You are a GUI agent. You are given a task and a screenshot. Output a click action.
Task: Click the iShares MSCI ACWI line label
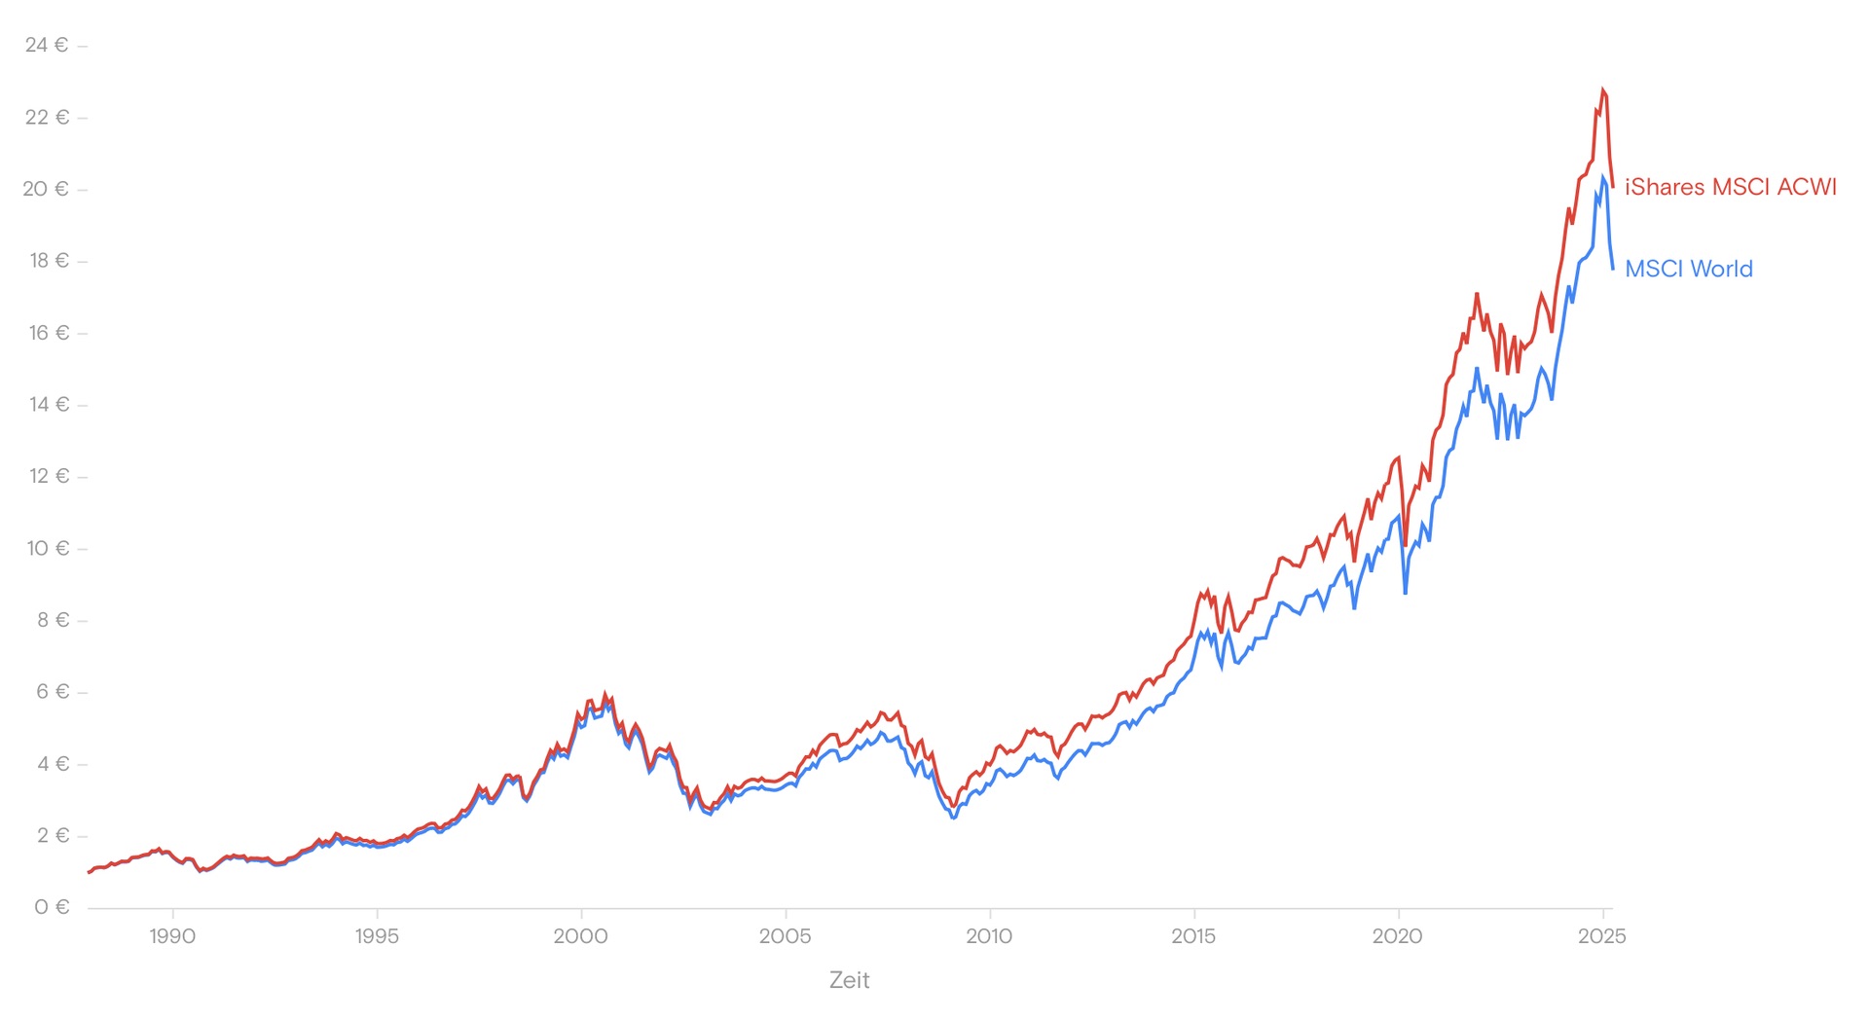(x=1730, y=187)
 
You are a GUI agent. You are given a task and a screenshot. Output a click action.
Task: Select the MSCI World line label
(x=1688, y=269)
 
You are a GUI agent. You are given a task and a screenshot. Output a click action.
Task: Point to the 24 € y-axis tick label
(x=47, y=45)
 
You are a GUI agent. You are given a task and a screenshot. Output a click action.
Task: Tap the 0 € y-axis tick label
(x=52, y=907)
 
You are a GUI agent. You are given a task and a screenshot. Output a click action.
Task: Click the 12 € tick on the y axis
(x=49, y=476)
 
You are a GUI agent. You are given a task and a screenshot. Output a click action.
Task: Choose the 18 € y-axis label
(x=49, y=260)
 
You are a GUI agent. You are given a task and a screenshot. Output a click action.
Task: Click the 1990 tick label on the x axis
(x=172, y=936)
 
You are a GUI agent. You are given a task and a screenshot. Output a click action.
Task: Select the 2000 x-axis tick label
(x=580, y=936)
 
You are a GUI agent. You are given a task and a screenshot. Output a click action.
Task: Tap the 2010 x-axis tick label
(x=989, y=936)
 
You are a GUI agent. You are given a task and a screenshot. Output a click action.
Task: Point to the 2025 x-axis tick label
(x=1601, y=936)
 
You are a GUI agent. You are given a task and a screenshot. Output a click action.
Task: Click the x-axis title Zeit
(x=849, y=980)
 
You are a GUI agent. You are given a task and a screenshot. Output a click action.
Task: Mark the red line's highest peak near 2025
(x=1602, y=90)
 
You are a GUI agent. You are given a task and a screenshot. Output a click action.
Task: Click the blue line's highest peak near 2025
(x=1602, y=177)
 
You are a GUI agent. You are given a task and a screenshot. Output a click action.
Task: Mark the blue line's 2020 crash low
(x=1405, y=593)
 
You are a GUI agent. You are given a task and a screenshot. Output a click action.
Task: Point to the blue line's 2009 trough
(x=954, y=819)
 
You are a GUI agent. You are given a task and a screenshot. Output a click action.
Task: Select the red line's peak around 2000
(x=605, y=694)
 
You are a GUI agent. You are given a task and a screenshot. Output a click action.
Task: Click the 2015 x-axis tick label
(x=1193, y=936)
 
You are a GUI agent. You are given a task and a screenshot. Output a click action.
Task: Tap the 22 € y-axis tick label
(x=47, y=117)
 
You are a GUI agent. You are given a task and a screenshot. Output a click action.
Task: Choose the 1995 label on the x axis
(x=377, y=936)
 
